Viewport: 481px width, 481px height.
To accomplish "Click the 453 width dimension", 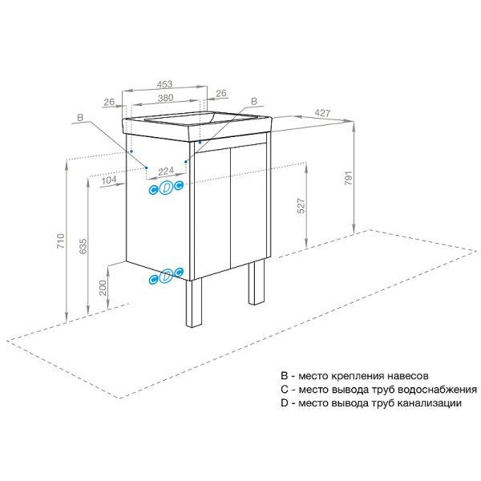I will (x=165, y=83).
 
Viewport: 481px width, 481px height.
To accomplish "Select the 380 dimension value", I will (x=165, y=98).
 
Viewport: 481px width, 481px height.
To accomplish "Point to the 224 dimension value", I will (x=166, y=172).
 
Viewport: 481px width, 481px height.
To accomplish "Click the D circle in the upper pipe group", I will (x=166, y=188).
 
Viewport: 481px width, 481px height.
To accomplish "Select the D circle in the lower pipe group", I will (x=166, y=277).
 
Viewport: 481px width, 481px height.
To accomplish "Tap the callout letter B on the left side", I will (x=79, y=118).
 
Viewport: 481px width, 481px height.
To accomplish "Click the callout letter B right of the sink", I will (x=253, y=102).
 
